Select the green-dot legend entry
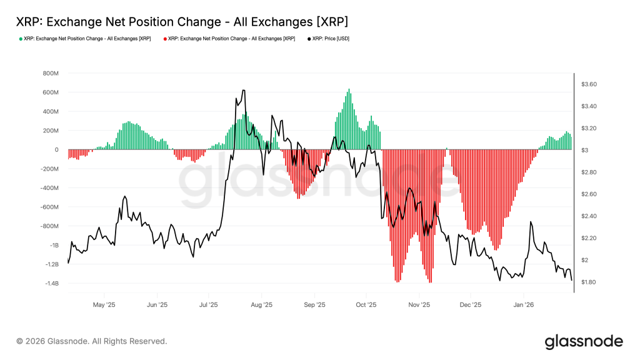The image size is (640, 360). point(85,39)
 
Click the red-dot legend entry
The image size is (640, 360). point(229,39)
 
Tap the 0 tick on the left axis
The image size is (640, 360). point(56,150)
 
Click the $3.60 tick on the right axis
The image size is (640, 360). point(589,84)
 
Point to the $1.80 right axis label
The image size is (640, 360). point(589,282)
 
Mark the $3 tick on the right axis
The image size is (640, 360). point(585,151)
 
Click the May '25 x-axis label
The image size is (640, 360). point(104,306)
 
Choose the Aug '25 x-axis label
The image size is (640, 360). point(261,306)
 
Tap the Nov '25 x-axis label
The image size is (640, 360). point(419,306)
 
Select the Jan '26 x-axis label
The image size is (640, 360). point(523,306)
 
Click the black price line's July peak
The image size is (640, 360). point(243,90)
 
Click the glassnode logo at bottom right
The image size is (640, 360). point(584,341)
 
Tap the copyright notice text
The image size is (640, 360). point(92,341)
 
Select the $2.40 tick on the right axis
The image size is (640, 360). point(589,216)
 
